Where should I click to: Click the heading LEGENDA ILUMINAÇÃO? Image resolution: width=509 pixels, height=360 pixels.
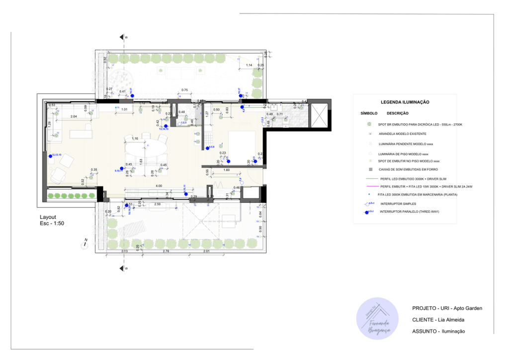coord(405,102)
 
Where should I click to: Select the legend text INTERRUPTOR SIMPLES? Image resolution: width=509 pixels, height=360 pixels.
coord(398,204)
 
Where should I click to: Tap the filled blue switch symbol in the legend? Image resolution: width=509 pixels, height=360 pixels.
coord(367,212)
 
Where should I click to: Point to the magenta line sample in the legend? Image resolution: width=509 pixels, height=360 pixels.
coord(369,186)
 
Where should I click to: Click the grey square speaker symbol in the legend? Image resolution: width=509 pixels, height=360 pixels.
coord(369,170)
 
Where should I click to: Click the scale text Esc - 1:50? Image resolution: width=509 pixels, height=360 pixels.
coord(52,223)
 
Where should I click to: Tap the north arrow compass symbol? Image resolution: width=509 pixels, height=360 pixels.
coord(85,244)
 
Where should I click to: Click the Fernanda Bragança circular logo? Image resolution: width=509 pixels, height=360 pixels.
coord(377,319)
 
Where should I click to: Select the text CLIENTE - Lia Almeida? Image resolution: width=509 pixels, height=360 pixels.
coord(438,320)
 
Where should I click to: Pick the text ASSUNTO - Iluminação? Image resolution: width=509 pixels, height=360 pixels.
coord(438,331)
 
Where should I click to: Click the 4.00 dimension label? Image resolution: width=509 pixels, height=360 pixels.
coord(159,185)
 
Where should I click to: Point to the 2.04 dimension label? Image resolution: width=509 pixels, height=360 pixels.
coord(74,116)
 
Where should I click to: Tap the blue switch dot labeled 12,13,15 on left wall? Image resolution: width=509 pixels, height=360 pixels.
coord(50,156)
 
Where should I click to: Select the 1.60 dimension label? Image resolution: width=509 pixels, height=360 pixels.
coord(227,170)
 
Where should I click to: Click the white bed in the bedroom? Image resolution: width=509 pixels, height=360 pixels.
coord(242,144)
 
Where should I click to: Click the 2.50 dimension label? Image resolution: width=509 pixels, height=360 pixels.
coord(158,204)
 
